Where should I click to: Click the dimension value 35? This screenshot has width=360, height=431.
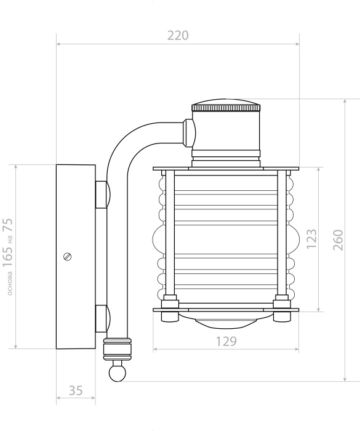pyautogui.click(x=76, y=390)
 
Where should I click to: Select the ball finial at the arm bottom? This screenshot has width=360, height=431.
pyautogui.click(x=116, y=372)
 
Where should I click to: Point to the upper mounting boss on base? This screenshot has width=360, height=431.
pyautogui.click(x=102, y=194)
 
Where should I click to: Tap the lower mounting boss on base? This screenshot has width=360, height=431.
pyautogui.click(x=102, y=318)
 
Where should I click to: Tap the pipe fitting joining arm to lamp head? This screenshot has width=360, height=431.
pyautogui.click(x=189, y=131)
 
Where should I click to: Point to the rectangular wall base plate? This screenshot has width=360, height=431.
pyautogui.click(x=75, y=257)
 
